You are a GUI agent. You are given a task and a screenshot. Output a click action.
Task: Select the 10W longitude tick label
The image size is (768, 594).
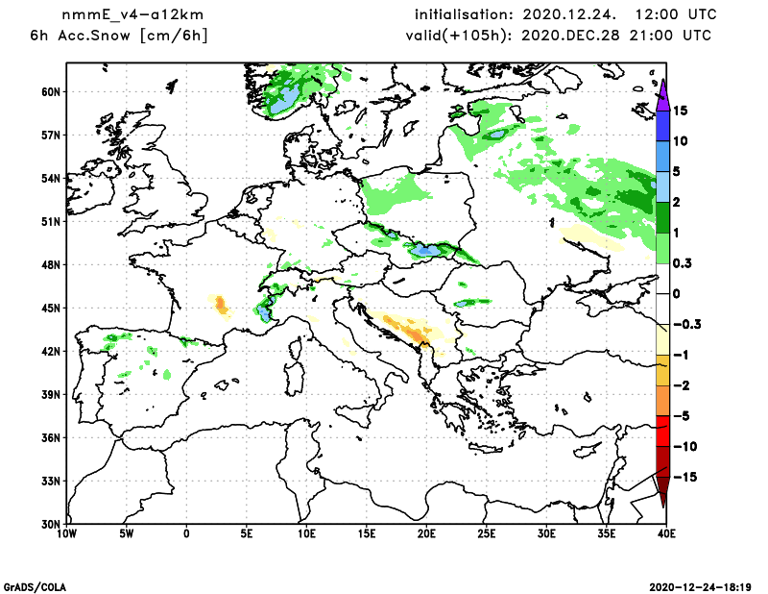pyautogui.click(x=66, y=532)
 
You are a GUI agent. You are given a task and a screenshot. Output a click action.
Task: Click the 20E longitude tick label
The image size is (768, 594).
pyautogui.click(x=427, y=532)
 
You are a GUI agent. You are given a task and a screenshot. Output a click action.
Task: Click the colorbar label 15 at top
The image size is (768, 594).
pyautogui.click(x=681, y=111)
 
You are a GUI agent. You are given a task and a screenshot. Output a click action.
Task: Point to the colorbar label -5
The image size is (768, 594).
pyautogui.click(x=682, y=416)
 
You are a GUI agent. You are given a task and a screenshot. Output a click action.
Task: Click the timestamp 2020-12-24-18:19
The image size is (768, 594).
pyautogui.click(x=704, y=585)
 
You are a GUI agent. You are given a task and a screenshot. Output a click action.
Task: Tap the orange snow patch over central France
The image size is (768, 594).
pyautogui.click(x=222, y=306)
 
